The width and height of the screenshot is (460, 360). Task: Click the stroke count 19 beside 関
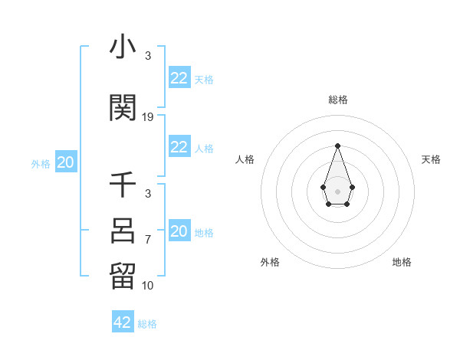pyautogui.click(x=148, y=117)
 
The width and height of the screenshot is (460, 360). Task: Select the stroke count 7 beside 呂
pyautogui.click(x=148, y=240)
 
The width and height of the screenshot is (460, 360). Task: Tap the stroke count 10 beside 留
pyautogui.click(x=148, y=286)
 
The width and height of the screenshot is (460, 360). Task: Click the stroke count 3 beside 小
pyautogui.click(x=147, y=56)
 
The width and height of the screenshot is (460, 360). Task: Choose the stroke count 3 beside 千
pyautogui.click(x=147, y=195)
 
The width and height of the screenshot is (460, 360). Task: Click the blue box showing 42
pyautogui.click(x=123, y=322)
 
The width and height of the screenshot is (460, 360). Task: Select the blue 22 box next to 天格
pyautogui.click(x=179, y=77)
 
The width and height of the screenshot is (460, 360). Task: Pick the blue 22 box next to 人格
pyautogui.click(x=179, y=147)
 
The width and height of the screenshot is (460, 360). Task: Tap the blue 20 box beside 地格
pyautogui.click(x=179, y=231)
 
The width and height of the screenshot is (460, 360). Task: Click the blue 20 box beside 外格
pyautogui.click(x=66, y=162)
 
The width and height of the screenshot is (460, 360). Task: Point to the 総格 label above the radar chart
pyautogui.click(x=337, y=100)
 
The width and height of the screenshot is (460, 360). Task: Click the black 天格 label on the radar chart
pyautogui.click(x=431, y=159)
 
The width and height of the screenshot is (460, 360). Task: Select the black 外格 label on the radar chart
pyautogui.click(x=270, y=262)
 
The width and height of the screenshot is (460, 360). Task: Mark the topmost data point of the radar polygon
pyautogui.click(x=337, y=145)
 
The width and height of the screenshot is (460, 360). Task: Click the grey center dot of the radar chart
pyautogui.click(x=337, y=191)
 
